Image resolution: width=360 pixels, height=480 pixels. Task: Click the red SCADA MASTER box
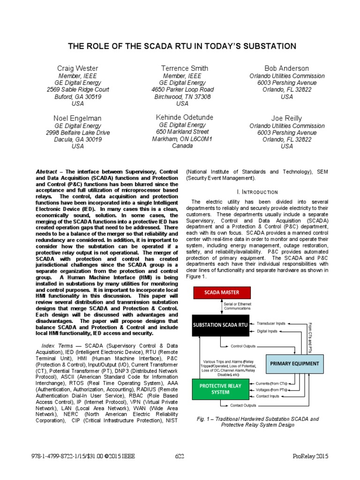[x=221, y=292]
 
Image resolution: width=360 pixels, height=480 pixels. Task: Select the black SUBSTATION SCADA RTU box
[x=221, y=325]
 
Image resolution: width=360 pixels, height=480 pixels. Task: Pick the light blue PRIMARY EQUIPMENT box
[x=295, y=364]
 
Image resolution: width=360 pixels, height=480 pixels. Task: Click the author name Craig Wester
[x=78, y=69]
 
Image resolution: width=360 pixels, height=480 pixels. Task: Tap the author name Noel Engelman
[x=78, y=118]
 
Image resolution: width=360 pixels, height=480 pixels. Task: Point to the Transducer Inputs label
[x=271, y=323]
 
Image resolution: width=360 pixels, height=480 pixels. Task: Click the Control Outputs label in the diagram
[x=243, y=346]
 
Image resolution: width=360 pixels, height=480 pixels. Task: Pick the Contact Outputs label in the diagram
[x=243, y=405]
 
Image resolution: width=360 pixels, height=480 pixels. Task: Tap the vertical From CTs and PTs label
[x=310, y=337]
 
